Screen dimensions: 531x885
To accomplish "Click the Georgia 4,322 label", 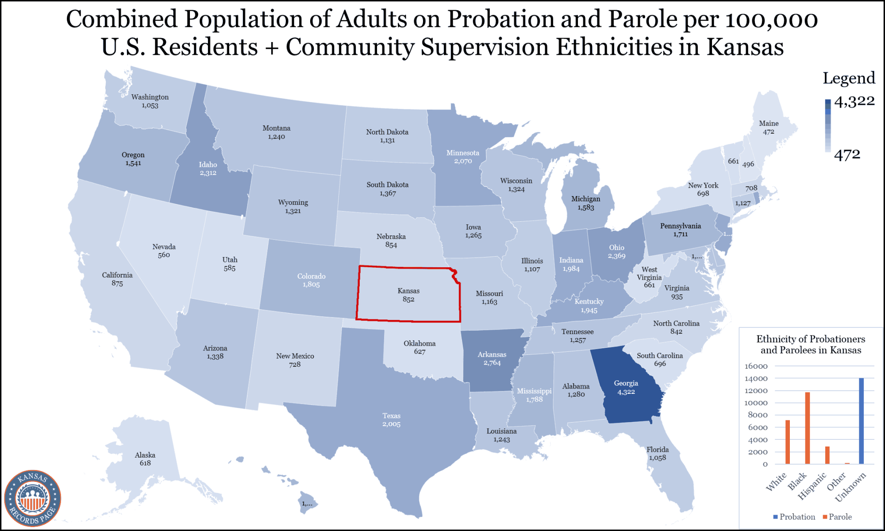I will click(626, 387).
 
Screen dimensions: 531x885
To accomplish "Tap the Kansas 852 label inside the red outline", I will click(408, 295).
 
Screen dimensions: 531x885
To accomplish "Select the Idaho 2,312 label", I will click(208, 169).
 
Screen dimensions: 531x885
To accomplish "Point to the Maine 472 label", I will click(768, 127).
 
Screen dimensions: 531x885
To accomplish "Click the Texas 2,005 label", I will click(391, 420).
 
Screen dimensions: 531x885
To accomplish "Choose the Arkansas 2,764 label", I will click(492, 358).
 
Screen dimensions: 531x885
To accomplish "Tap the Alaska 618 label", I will click(145, 459).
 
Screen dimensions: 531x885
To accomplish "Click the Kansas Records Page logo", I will click(32, 498).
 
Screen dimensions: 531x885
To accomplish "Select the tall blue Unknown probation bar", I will click(861, 420).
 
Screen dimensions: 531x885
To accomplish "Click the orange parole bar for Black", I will click(807, 427).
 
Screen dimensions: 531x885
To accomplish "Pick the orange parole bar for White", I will click(788, 442).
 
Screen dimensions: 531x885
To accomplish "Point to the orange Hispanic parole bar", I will click(827, 455).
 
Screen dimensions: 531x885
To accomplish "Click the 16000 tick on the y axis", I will click(756, 366).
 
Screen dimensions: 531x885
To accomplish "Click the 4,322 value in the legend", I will click(854, 101).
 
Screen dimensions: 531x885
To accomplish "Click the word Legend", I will click(849, 78).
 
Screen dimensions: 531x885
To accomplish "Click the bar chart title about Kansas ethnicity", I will click(811, 345).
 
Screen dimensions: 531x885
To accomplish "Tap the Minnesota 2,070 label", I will click(462, 157).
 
